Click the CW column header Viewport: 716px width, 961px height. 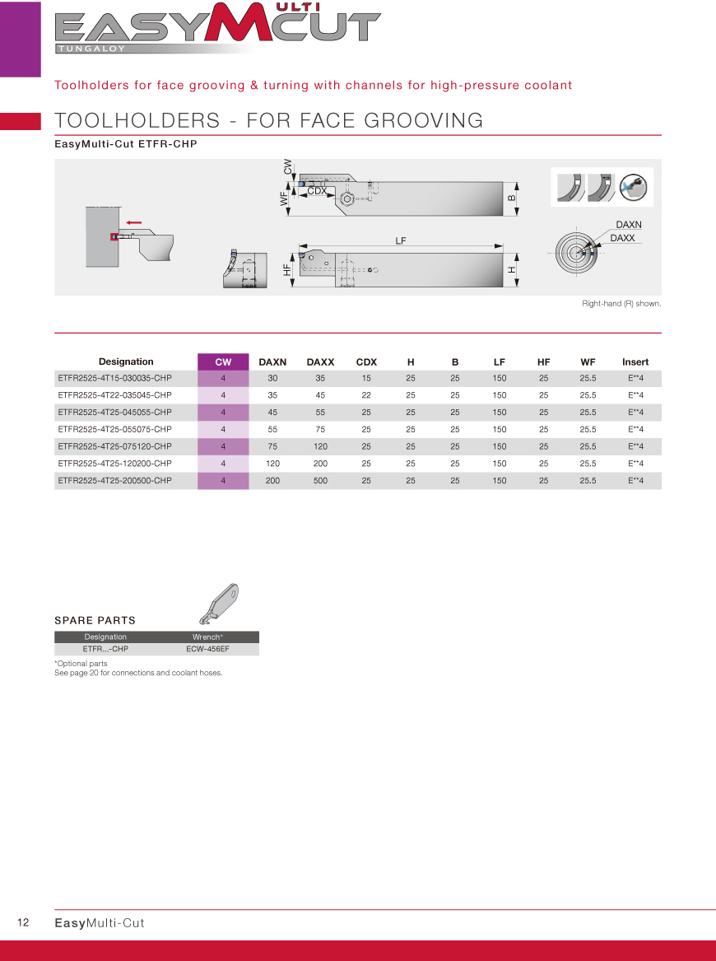point(223,362)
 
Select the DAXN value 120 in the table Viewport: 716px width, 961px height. point(272,464)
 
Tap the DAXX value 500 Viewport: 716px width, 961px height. point(320,480)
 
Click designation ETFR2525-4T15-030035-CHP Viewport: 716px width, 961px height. point(114,378)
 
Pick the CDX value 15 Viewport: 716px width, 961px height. point(366,378)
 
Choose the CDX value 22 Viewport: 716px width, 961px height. point(366,395)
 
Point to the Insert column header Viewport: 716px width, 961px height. point(635,362)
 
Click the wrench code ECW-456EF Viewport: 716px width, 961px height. point(207,649)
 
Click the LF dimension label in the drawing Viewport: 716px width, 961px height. point(401,240)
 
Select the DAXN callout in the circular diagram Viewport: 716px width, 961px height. point(628,224)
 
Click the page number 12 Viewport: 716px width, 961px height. point(23,922)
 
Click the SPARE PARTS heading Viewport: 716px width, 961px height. point(95,620)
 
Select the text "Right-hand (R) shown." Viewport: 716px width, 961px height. point(621,304)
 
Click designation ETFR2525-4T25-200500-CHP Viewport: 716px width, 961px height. point(114,480)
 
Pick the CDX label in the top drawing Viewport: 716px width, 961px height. point(317,191)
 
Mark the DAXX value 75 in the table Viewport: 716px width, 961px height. point(320,429)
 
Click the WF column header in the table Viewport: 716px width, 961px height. point(588,362)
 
